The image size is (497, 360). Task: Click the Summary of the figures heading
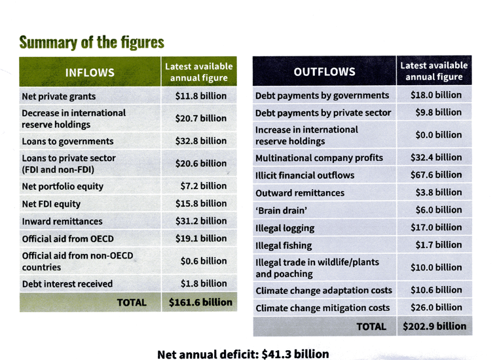point(92,43)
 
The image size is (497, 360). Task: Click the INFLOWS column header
point(90,73)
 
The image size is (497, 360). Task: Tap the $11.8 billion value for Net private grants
point(201,96)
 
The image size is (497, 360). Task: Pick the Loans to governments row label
point(67,141)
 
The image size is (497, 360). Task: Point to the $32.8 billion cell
point(201,141)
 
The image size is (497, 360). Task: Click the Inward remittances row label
point(63,222)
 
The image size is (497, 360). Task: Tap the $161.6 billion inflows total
point(200,302)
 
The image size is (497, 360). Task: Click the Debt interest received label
point(67,284)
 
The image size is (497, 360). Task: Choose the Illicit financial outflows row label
point(304,175)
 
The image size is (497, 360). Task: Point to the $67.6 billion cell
point(438,175)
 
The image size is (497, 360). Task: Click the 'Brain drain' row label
point(279,211)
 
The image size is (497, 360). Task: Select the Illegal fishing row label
point(285,246)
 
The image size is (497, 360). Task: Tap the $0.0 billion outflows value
point(438,135)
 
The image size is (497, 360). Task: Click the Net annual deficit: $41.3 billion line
point(243,353)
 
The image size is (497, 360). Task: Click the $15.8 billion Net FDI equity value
point(201,204)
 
